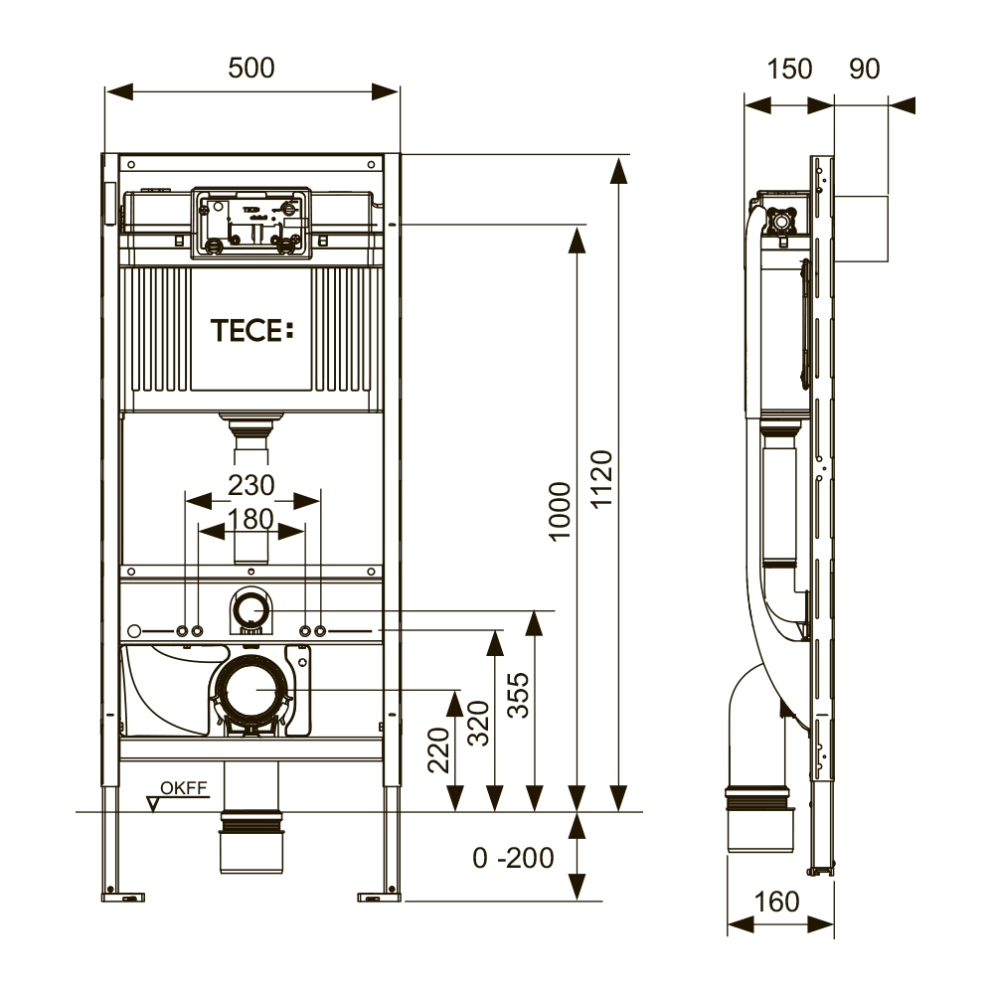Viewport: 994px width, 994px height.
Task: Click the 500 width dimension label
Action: [x=251, y=68]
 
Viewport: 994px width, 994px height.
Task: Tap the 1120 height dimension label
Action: [x=601, y=478]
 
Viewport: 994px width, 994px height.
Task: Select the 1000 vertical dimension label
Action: [x=560, y=511]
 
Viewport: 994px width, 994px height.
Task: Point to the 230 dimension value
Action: [x=251, y=486]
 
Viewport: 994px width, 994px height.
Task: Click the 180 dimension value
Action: [x=251, y=519]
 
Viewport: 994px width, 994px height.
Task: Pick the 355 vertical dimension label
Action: [x=518, y=696]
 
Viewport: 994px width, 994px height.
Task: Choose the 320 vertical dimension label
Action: [x=479, y=723]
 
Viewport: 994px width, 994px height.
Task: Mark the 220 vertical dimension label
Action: [x=438, y=749]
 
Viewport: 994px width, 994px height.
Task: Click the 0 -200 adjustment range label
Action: [x=513, y=859]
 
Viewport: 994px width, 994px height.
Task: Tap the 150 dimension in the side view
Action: [x=789, y=70]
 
